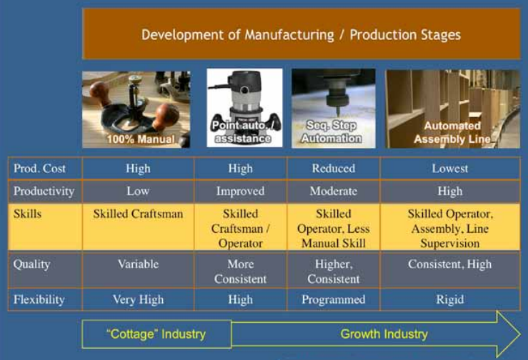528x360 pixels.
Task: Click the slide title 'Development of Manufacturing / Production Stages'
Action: coord(301,35)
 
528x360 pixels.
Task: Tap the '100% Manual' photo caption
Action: coord(141,139)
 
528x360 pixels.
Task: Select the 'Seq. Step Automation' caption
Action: coord(332,131)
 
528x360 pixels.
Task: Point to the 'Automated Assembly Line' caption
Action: coord(452,132)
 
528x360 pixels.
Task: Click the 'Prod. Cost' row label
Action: coord(39,168)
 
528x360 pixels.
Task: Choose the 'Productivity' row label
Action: coord(44,191)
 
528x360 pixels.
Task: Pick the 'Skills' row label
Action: coord(27,214)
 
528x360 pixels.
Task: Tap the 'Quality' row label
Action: coord(31,264)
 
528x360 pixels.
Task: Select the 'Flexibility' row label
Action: coord(39,299)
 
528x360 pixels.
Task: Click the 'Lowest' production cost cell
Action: coord(450,168)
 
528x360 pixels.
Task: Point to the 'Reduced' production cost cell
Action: coord(334,168)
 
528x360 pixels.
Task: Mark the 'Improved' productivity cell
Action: coord(241,191)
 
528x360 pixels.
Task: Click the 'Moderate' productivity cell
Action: coord(334,191)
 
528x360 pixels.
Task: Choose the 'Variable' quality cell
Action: coord(138,264)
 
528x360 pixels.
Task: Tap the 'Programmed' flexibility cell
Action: coord(334,299)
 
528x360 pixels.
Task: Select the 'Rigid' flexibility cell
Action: coord(450,299)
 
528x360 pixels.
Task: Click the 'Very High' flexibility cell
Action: coord(138,299)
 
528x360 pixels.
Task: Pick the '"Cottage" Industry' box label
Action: coord(156,334)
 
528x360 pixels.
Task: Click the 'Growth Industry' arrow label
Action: coord(384,334)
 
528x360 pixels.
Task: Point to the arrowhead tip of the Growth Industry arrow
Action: coord(520,334)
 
